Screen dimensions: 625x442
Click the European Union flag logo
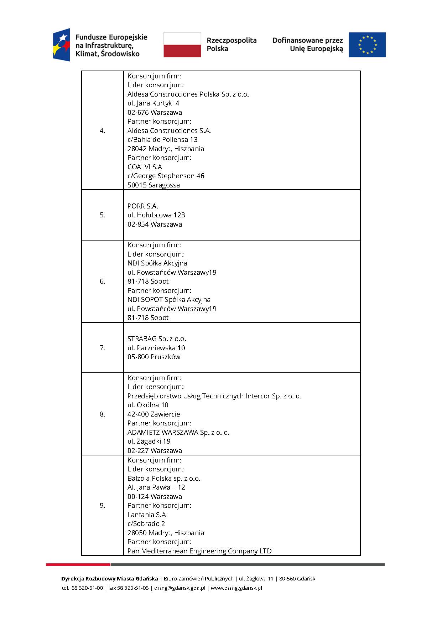[x=367, y=45]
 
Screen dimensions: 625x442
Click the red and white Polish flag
[x=182, y=45]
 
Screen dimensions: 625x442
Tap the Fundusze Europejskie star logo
[x=62, y=45]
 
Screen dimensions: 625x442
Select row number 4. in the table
[x=102, y=131]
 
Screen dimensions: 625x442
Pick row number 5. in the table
[x=102, y=215]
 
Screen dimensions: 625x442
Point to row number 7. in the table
[x=102, y=348]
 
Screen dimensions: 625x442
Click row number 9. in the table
[x=102, y=506]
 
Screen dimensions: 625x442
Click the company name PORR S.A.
[x=142, y=206]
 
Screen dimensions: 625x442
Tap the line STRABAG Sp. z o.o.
[x=157, y=339]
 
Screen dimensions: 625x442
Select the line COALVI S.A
[x=145, y=167]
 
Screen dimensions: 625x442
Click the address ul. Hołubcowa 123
[x=156, y=215]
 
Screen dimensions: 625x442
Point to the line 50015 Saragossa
[x=154, y=185]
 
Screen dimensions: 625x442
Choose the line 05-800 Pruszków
[x=154, y=357]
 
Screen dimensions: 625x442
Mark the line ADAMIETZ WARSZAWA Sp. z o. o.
[x=178, y=433]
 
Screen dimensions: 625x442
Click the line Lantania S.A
[x=147, y=515]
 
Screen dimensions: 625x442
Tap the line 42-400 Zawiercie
[x=154, y=414]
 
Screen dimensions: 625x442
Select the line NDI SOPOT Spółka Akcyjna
[x=169, y=300]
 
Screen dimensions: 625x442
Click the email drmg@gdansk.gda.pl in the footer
[x=180, y=588]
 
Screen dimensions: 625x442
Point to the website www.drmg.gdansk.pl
[x=236, y=588]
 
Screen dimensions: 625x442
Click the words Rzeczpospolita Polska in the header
[x=231, y=45]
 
